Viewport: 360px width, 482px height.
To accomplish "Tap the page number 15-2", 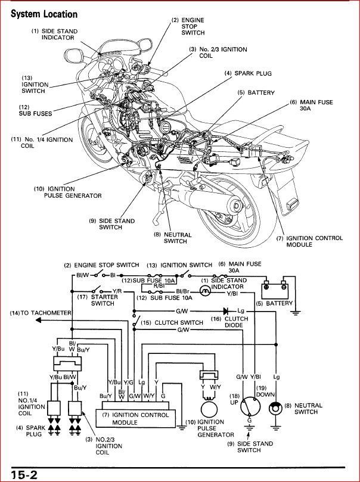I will click(22, 474).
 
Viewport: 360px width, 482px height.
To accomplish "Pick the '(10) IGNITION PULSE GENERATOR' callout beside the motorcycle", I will click(67, 192).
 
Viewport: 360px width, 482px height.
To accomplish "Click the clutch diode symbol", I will click(225, 310).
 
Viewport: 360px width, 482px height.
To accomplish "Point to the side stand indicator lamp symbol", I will click(205, 291).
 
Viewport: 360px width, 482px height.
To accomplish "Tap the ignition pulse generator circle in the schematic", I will click(210, 409).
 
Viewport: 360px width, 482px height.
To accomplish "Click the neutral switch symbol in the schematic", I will click(275, 409).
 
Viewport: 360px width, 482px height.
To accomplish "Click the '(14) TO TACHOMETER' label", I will click(40, 313).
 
